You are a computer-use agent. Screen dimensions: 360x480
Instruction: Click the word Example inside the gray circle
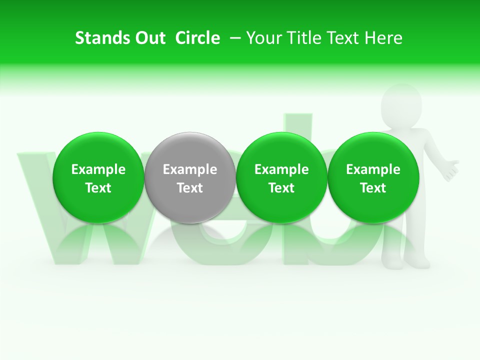190,169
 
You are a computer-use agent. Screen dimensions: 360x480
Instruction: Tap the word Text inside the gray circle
190,188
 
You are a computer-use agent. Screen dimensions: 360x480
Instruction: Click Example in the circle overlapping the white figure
373,169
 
